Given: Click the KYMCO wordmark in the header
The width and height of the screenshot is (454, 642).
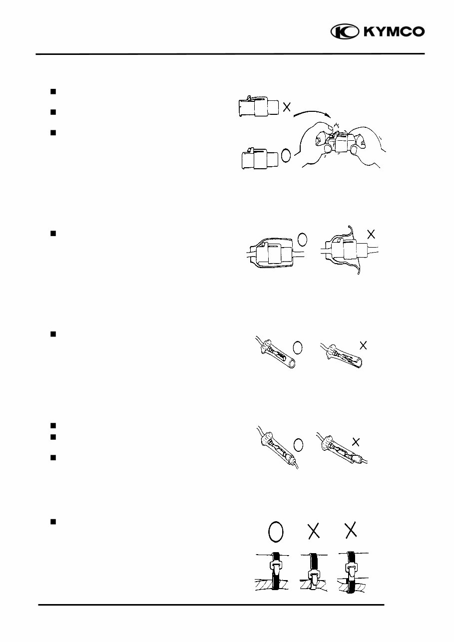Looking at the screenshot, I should pyautogui.click(x=394, y=32).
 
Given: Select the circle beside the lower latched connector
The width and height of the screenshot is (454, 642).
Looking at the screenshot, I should pyautogui.click(x=286, y=155).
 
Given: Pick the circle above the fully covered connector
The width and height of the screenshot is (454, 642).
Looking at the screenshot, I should pyautogui.click(x=302, y=240).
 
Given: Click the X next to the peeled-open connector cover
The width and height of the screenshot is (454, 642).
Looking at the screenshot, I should pyautogui.click(x=370, y=233).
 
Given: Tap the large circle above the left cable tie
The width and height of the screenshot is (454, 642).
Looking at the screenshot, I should pyautogui.click(x=276, y=533).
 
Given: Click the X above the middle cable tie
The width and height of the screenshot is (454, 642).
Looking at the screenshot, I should pyautogui.click(x=314, y=533).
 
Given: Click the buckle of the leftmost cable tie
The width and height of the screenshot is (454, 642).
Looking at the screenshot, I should pyautogui.click(x=276, y=566).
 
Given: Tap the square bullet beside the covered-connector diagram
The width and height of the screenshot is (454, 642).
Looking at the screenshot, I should pyautogui.click(x=52, y=233).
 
